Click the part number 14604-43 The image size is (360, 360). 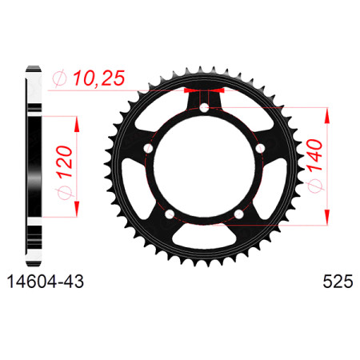point(46,282)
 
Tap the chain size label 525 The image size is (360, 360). point(338,282)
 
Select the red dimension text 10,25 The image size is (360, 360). point(99,78)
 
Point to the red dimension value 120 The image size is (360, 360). point(64,162)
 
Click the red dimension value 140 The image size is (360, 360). point(314,155)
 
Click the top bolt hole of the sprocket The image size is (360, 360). point(204,108)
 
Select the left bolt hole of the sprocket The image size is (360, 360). point(148,148)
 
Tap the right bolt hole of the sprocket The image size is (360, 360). point(260,148)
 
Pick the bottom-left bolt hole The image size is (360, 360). point(170,214)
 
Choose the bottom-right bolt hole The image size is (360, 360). point(238,214)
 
